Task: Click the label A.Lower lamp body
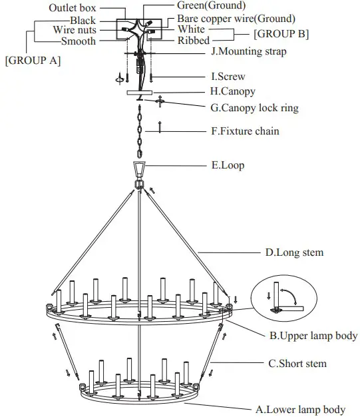coord(300,410)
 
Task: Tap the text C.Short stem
coord(297,364)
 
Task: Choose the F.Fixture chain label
coord(245,131)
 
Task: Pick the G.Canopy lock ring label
coord(254,107)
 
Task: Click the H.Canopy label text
coord(232,91)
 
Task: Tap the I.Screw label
coord(229,77)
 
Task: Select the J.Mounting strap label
coord(250,51)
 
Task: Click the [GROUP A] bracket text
coord(33,60)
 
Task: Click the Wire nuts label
coord(74,30)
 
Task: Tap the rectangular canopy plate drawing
coord(139,92)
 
